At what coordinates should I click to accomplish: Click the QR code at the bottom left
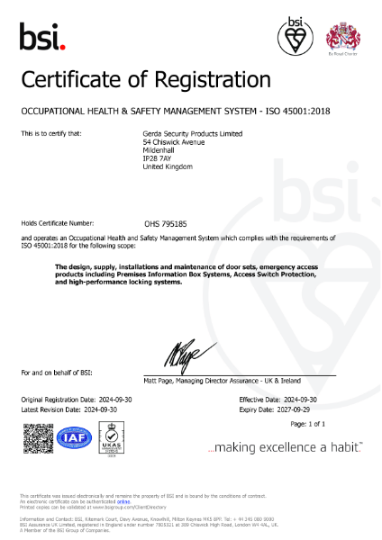pyautogui.click(x=36, y=438)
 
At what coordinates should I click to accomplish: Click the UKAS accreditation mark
pyautogui.click(x=112, y=438)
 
